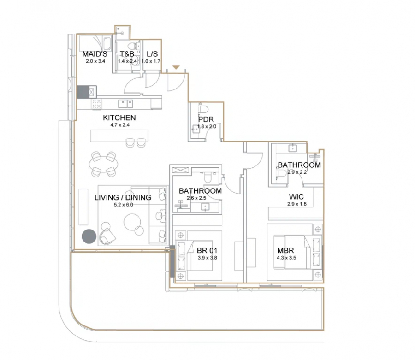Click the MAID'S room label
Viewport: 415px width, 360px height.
click(x=95, y=54)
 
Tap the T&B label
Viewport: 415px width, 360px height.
click(x=127, y=54)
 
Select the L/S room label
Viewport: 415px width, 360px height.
click(x=152, y=54)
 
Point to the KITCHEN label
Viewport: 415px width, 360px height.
click(x=119, y=118)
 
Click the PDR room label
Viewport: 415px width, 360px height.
click(x=206, y=119)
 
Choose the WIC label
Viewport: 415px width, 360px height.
click(x=296, y=197)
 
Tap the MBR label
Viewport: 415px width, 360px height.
click(x=285, y=250)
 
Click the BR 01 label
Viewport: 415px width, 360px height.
click(x=207, y=250)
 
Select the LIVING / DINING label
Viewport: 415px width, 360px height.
click(x=123, y=197)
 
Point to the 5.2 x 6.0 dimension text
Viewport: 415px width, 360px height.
click(x=123, y=205)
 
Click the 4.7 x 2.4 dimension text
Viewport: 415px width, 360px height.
click(x=120, y=125)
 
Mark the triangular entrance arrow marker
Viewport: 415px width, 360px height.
click(x=176, y=68)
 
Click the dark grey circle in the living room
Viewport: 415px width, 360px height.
click(x=89, y=236)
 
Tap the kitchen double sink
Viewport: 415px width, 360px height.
click(x=125, y=104)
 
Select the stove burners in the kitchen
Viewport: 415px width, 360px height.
click(x=97, y=104)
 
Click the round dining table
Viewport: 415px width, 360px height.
click(x=103, y=164)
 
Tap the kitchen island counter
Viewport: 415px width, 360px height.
click(x=119, y=136)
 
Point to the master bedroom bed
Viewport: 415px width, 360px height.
click(x=298, y=252)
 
